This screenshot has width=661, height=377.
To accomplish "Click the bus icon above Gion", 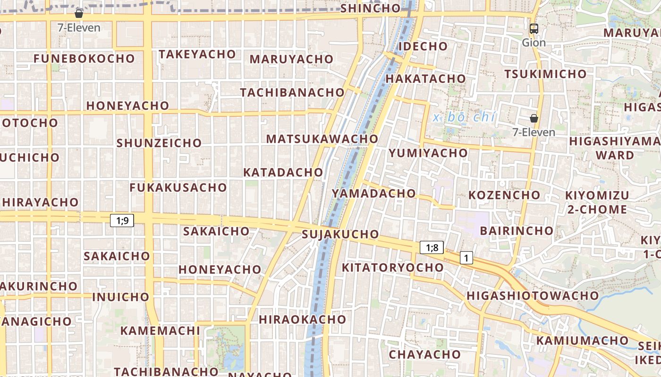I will (534, 29).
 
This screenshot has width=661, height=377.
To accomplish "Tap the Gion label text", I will (534, 43).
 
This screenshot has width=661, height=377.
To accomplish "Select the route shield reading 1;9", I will (122, 220).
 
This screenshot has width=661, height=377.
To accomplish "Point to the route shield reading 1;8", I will (432, 247).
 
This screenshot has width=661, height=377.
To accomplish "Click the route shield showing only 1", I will (466, 258).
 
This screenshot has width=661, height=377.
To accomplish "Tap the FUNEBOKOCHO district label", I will (84, 59).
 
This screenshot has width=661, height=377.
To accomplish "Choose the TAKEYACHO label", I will (197, 55).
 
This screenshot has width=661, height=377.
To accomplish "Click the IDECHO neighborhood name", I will (423, 46).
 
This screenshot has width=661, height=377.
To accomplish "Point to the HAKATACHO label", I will (426, 79).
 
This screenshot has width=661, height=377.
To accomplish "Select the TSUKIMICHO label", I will (545, 74).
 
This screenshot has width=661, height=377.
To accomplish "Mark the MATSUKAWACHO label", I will (322, 139).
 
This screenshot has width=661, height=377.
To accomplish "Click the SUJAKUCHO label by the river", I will (340, 234).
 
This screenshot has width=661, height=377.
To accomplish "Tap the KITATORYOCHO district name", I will (392, 268).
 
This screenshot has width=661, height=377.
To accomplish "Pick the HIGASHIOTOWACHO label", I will (533, 296).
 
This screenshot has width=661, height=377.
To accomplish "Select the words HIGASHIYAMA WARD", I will (615, 148).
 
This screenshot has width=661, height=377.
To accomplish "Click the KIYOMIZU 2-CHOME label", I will (597, 202).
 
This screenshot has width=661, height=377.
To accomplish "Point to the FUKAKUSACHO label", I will (178, 188).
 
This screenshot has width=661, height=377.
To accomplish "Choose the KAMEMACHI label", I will (160, 330).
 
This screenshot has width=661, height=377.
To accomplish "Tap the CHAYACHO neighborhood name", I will (424, 354).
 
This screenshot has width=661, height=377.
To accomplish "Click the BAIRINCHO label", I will (517, 231).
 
